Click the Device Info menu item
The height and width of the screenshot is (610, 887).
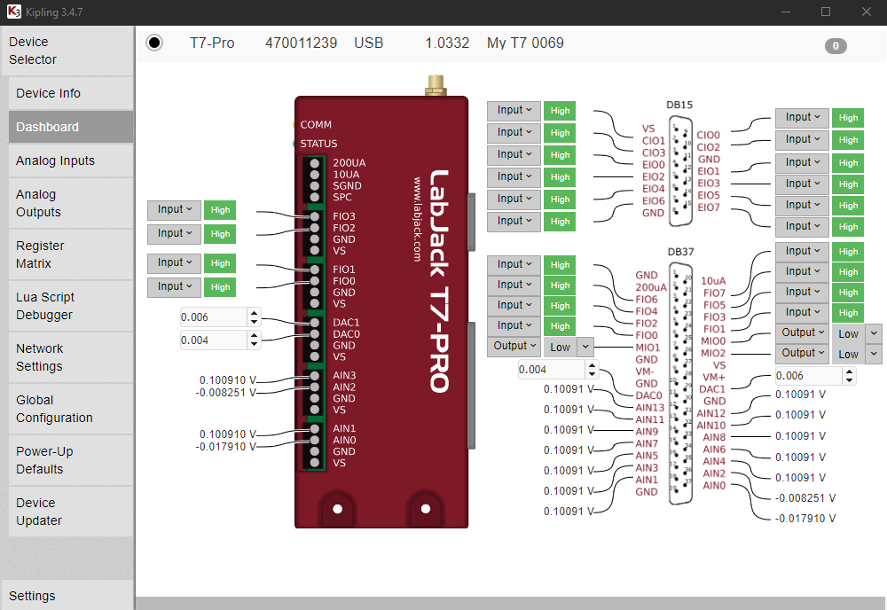pos(49,93)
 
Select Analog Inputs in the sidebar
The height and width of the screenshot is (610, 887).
pos(55,160)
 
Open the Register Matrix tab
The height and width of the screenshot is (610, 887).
pos(40,254)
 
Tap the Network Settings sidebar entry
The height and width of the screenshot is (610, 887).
pos(40,357)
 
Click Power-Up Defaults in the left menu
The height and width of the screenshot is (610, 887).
pos(44,460)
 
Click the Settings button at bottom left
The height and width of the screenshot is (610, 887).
pos(33,596)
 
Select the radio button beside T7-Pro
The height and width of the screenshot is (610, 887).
pos(154,43)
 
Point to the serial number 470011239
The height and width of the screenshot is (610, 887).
pos(301,43)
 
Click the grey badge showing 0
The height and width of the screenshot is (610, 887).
pos(836,46)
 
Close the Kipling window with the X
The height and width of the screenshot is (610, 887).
pos(865,12)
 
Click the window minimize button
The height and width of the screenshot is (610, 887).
pos(785,12)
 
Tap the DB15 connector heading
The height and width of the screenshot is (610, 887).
pos(680,105)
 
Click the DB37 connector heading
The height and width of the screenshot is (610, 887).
pos(680,252)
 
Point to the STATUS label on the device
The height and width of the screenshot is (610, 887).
pos(318,144)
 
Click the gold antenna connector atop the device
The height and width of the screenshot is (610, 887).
pos(435,86)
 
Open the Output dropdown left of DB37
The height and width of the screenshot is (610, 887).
pos(514,346)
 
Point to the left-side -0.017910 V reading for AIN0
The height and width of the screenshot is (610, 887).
pos(226,447)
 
